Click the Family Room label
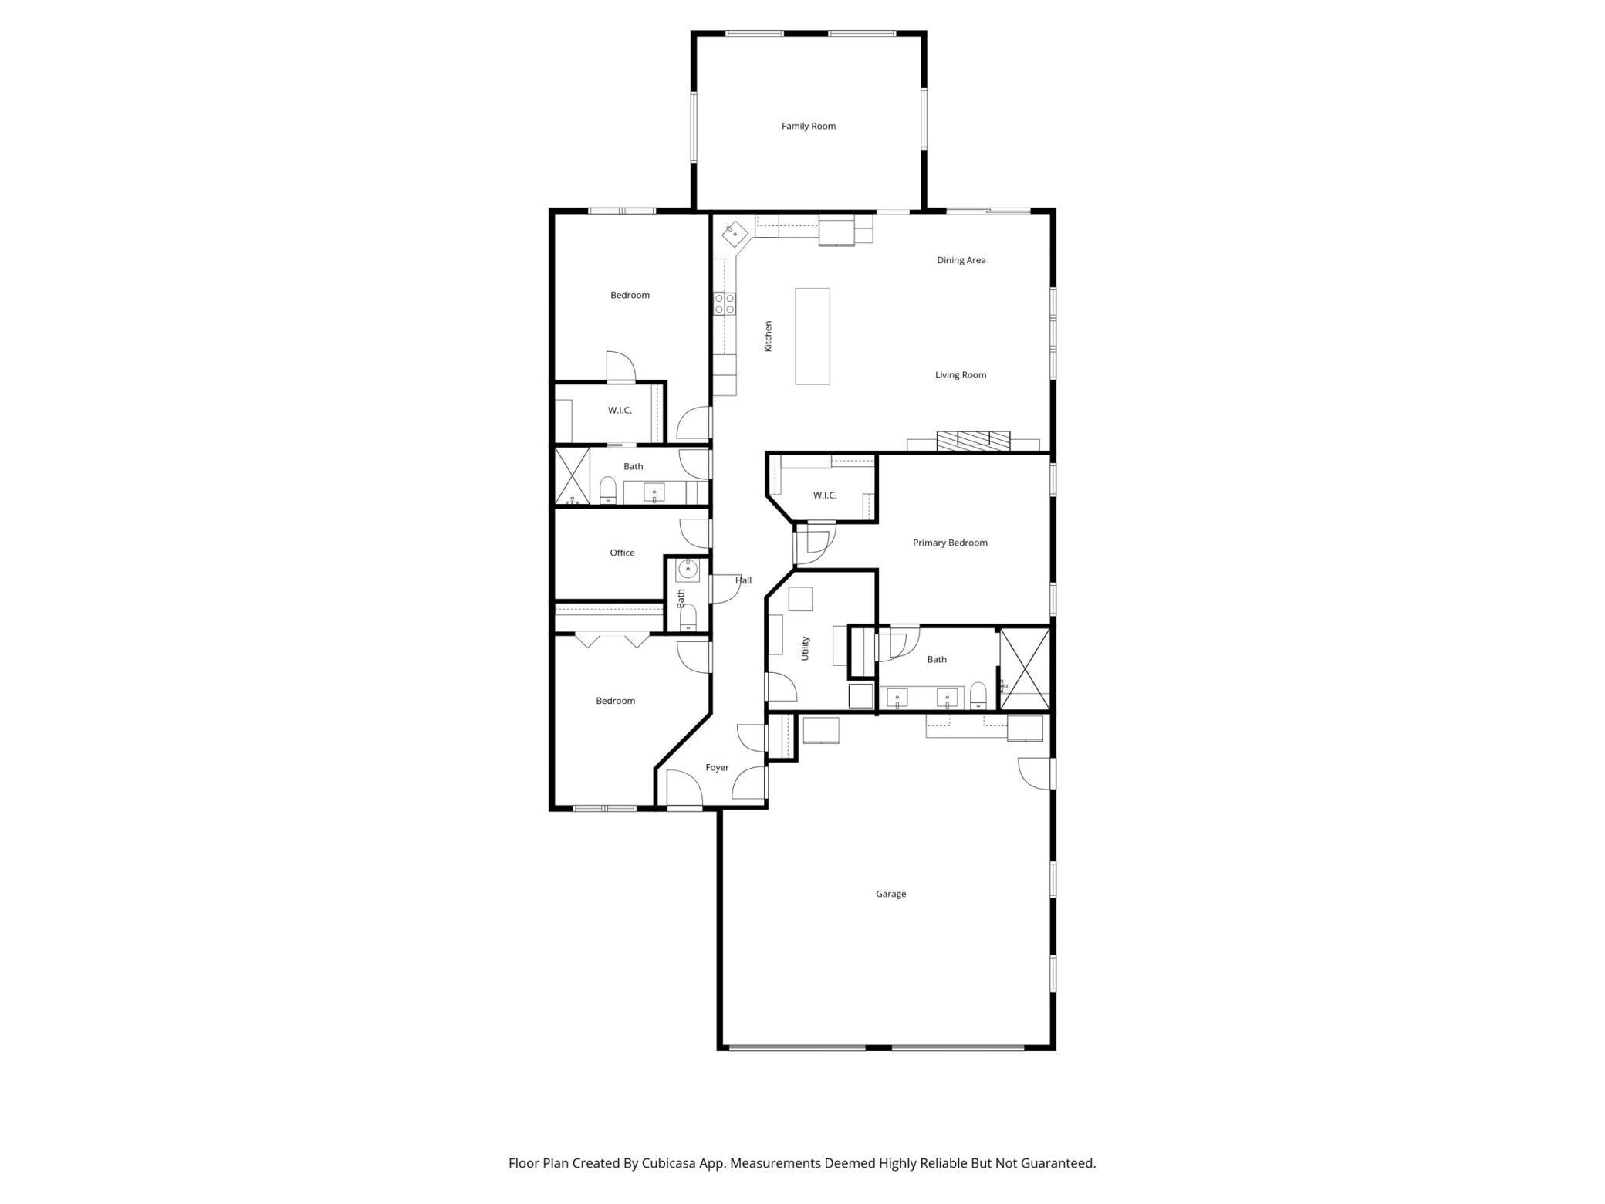[x=808, y=126]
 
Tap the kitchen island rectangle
[x=813, y=337]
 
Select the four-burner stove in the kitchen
[x=724, y=303]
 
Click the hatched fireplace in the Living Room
[x=973, y=440]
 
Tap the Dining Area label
[x=961, y=260]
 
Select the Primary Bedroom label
[x=949, y=543]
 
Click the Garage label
[x=890, y=894]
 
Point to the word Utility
[x=805, y=648]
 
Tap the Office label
[x=622, y=553]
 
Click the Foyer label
[x=717, y=767]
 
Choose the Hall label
[x=743, y=580]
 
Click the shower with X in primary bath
[x=1025, y=668]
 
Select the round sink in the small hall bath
[x=687, y=570]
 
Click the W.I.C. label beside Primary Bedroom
[x=824, y=495]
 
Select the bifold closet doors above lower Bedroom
[x=612, y=640]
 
